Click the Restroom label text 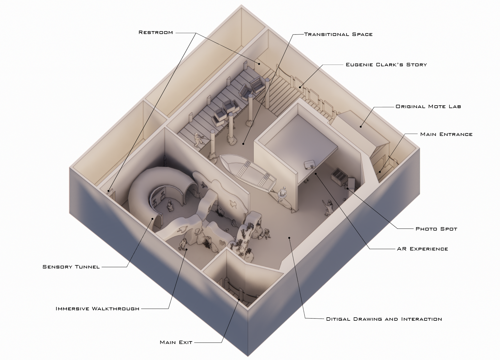tap(156, 33)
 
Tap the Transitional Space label tap(338, 35)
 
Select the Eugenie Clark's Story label tap(386, 65)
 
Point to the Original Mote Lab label tap(428, 107)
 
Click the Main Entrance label tap(446, 134)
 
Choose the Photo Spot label tap(436, 229)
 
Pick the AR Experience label tap(422, 249)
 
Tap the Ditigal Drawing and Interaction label tap(384, 319)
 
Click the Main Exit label tap(176, 342)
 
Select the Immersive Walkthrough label tap(97, 309)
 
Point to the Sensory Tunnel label tap(71, 267)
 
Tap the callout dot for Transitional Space tap(243, 144)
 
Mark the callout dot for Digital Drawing tap(289, 238)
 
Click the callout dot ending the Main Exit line tap(239, 300)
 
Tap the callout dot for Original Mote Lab tap(361, 127)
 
